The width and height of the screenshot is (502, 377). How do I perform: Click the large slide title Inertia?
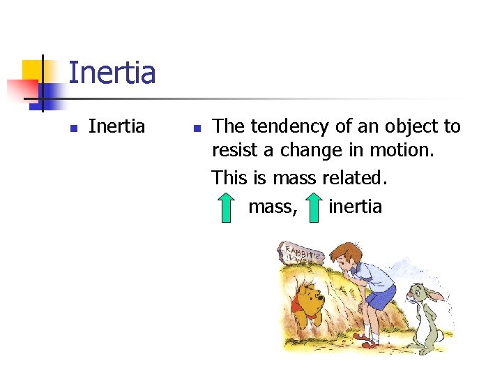pyautogui.click(x=112, y=73)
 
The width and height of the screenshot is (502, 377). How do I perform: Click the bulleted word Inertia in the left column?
pyautogui.click(x=116, y=126)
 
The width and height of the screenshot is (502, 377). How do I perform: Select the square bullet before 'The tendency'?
pyautogui.click(x=197, y=128)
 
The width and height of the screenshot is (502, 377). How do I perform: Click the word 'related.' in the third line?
pyautogui.click(x=355, y=177)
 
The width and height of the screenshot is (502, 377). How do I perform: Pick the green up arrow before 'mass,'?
pyautogui.click(x=225, y=207)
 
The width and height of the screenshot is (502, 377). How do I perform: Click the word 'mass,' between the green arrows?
pyautogui.click(x=273, y=207)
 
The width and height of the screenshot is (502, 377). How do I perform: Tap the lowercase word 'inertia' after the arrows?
pyautogui.click(x=355, y=207)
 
